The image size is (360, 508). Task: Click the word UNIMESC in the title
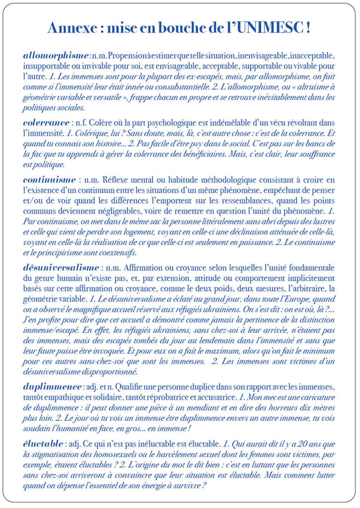(x=268, y=28)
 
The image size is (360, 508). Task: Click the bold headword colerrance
(x=46, y=122)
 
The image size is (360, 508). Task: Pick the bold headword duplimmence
(x=52, y=386)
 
